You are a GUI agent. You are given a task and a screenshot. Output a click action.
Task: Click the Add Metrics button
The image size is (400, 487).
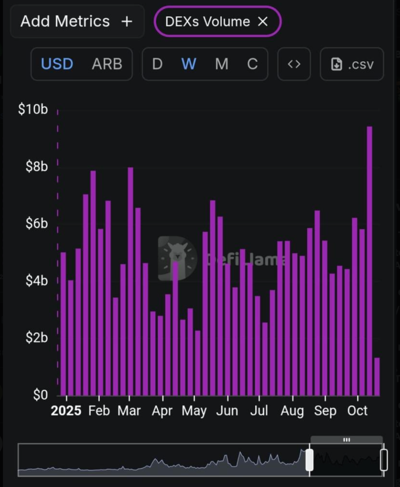click(x=76, y=21)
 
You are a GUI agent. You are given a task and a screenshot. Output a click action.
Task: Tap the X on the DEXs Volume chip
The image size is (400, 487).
click(x=263, y=21)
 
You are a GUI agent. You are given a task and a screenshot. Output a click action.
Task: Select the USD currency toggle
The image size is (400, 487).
click(x=57, y=64)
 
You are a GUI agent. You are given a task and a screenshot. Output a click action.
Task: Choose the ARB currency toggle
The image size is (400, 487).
click(x=107, y=64)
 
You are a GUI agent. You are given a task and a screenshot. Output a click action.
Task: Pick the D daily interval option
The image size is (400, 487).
click(x=157, y=64)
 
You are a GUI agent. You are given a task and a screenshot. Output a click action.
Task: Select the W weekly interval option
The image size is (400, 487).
click(x=189, y=64)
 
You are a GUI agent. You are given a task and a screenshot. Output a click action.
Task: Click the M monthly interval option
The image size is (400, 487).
click(x=221, y=64)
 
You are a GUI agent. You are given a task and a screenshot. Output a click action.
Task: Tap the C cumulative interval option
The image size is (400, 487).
click(x=252, y=64)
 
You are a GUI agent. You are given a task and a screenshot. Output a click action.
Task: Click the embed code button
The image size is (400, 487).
click(x=294, y=64)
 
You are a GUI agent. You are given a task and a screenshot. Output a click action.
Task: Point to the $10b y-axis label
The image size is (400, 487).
click(x=33, y=109)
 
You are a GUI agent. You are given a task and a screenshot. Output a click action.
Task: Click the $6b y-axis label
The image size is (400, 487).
click(x=37, y=224)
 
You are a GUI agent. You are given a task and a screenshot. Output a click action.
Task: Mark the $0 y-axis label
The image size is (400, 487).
click(x=39, y=395)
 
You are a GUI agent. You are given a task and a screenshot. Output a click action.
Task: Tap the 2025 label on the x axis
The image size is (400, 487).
click(x=67, y=411)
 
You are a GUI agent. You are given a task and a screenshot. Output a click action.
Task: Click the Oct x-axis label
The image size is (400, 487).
click(x=357, y=411)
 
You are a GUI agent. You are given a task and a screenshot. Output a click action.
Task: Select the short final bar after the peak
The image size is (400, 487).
click(x=377, y=377)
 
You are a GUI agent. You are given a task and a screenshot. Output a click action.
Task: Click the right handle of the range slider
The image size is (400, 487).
click(x=384, y=460)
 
